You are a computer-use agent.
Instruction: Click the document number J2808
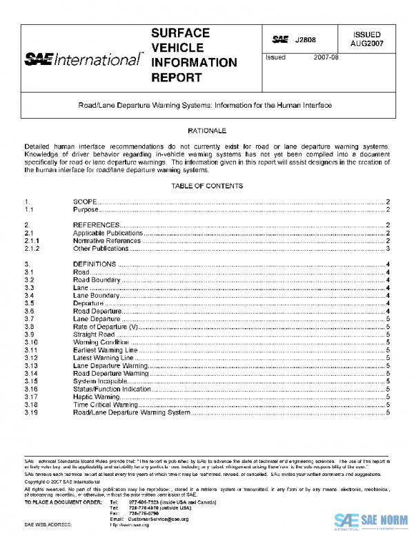[x=304, y=40]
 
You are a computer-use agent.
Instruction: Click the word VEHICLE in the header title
[x=177, y=48]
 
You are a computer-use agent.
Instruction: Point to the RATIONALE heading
[x=207, y=131]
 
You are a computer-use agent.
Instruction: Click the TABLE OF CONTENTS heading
[x=207, y=186]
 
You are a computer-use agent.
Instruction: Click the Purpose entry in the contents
[x=86, y=209]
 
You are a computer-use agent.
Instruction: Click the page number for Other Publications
[x=389, y=248]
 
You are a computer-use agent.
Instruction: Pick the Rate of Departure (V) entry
[x=106, y=326]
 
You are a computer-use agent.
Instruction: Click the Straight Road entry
[x=95, y=334]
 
